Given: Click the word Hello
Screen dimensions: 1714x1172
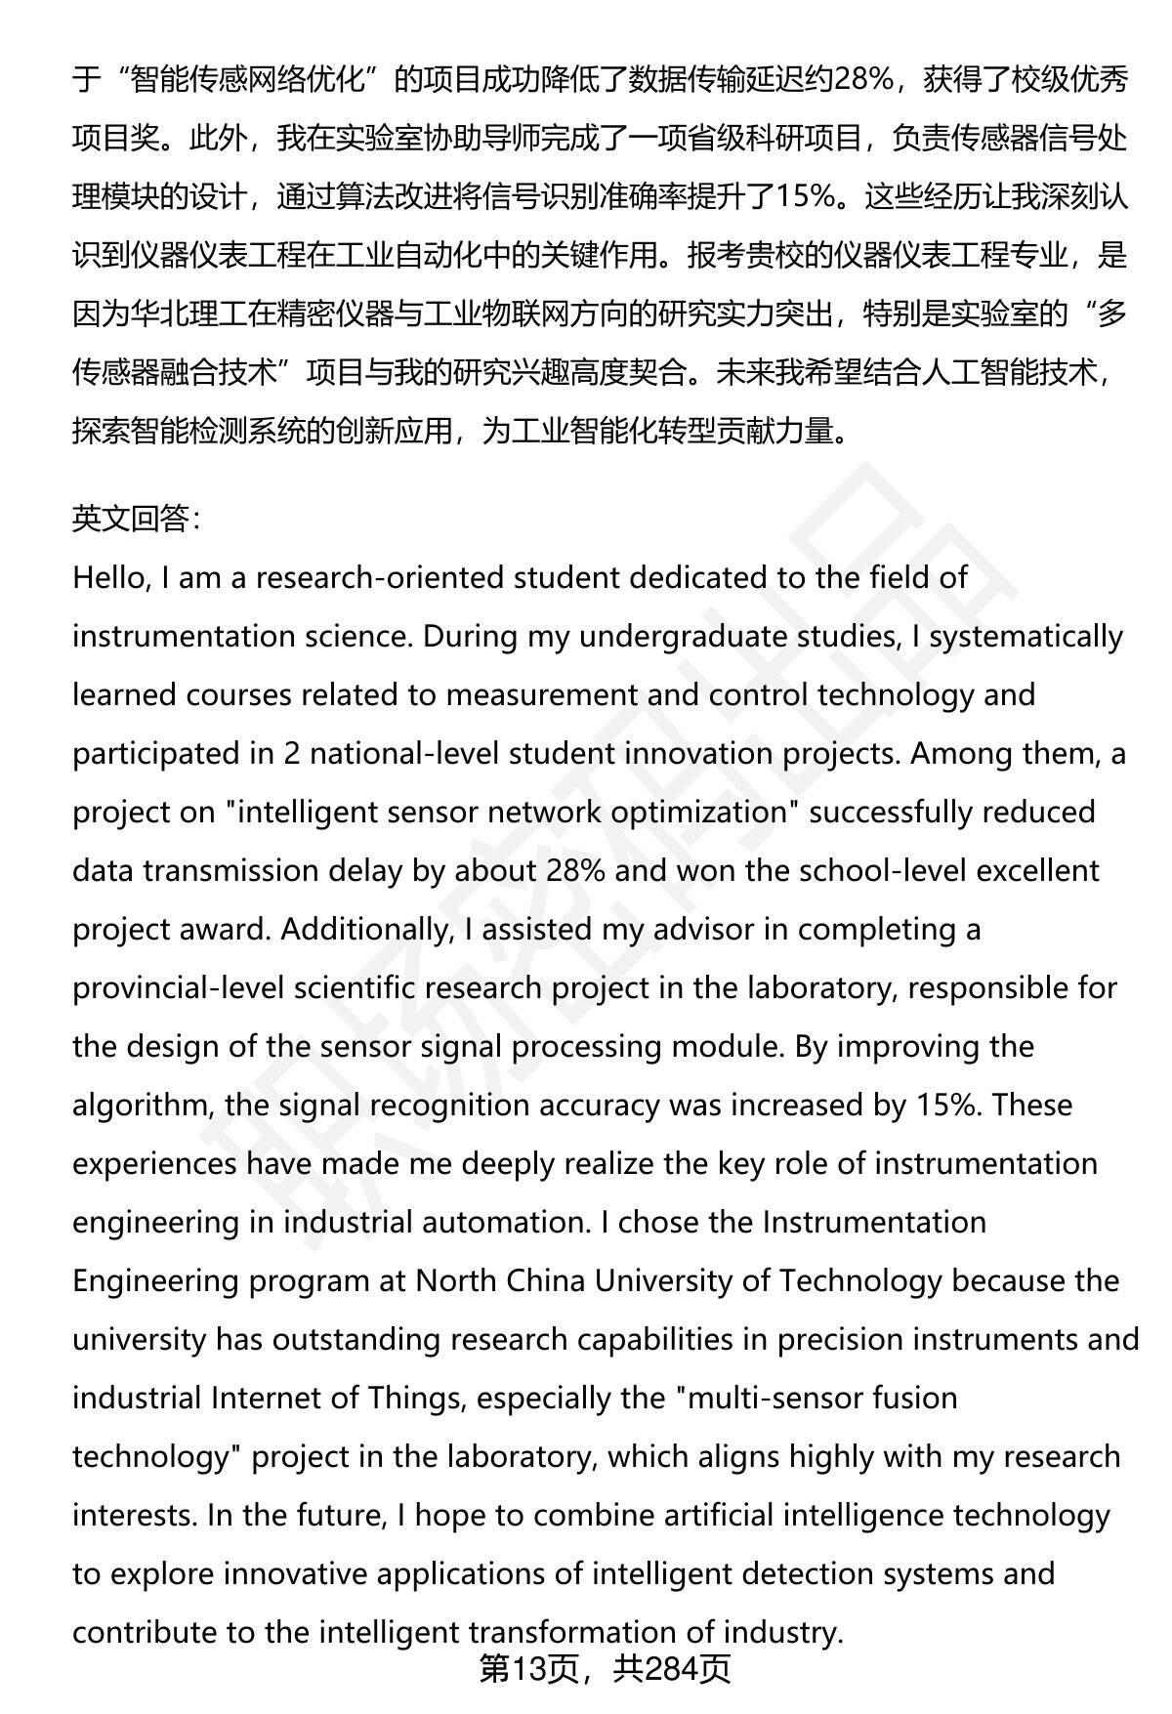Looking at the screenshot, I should pos(110,577).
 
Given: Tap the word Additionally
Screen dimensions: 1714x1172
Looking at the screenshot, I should pos(367,929).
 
